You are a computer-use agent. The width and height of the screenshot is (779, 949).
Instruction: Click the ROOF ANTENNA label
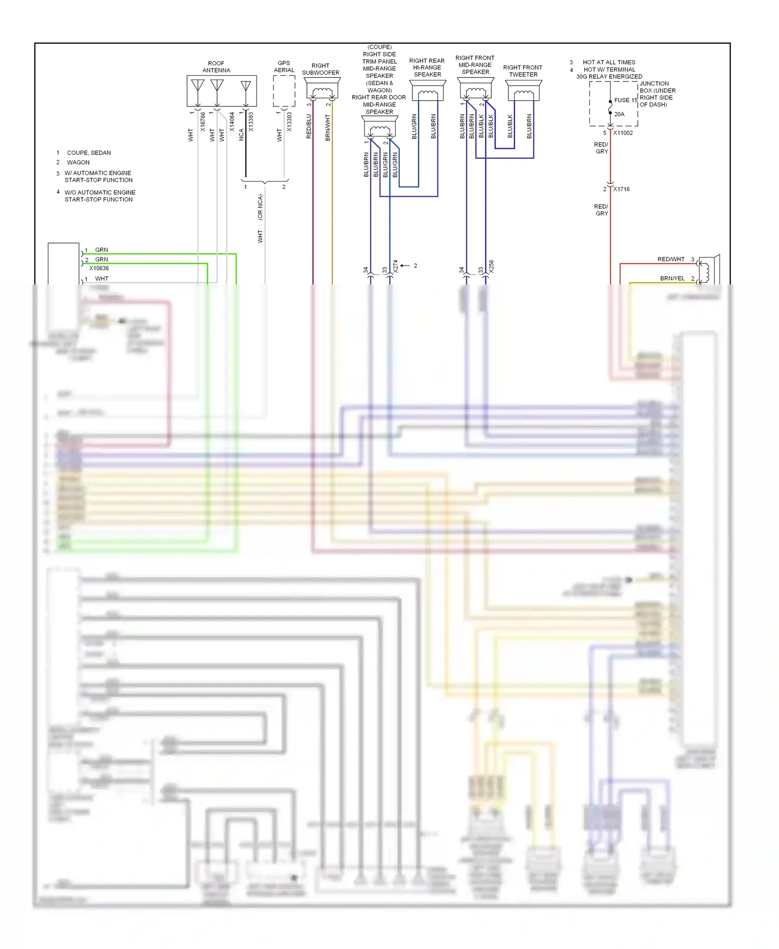click(216, 67)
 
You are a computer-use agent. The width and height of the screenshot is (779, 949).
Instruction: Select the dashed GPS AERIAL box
click(284, 91)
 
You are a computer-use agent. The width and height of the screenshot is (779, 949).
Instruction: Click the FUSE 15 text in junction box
click(625, 100)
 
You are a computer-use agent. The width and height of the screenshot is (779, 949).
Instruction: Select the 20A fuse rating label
click(619, 114)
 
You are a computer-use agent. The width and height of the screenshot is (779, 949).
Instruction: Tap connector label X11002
click(623, 133)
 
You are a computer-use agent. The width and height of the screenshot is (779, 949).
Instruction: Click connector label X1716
click(621, 189)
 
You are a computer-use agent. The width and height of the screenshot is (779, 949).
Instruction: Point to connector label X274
click(395, 267)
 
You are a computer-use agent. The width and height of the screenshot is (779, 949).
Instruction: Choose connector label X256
click(491, 267)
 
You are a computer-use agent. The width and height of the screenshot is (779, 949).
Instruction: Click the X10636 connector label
click(99, 268)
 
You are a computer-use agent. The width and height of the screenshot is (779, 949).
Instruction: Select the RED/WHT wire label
click(670, 259)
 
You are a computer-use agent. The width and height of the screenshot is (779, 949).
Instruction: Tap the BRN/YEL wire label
click(672, 278)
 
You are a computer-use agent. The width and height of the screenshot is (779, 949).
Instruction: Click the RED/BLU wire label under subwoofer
click(309, 127)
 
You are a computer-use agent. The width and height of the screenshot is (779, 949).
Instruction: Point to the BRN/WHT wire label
click(328, 128)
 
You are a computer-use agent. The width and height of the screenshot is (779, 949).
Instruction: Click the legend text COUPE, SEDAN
click(89, 153)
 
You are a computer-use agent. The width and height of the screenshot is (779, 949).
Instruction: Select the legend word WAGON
click(78, 162)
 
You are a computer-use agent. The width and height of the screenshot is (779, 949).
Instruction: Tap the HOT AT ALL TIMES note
click(609, 62)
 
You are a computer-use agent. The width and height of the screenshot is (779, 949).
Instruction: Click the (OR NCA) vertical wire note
click(260, 207)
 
